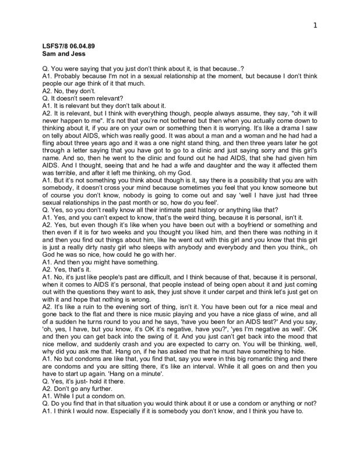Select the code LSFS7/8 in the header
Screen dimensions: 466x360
point(57,45)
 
